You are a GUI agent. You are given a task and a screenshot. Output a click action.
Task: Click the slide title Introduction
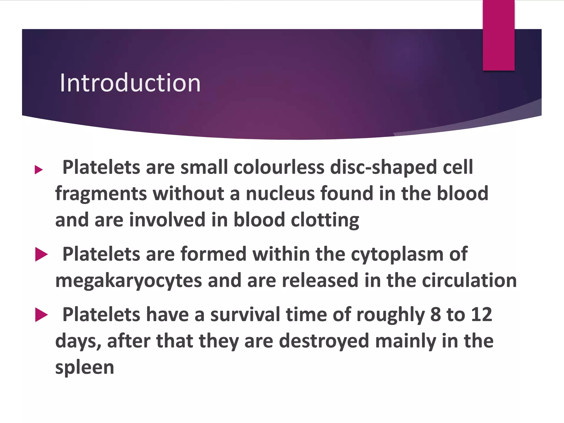point(130,83)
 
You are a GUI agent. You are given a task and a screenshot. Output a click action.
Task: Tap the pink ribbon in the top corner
point(498,35)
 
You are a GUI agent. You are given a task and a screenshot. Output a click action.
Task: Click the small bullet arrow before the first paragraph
point(39,170)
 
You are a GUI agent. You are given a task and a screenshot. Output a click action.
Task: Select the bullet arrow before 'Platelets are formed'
point(41,254)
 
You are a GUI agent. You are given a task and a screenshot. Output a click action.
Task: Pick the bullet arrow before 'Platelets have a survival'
point(41,315)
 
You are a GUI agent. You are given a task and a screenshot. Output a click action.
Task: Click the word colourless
point(279,167)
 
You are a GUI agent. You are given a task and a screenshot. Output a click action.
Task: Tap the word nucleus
point(280,193)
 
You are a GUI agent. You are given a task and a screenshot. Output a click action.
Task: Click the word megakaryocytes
point(129,281)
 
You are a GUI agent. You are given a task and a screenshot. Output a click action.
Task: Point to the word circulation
point(469,280)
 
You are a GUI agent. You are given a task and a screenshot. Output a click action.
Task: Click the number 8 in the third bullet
point(435,314)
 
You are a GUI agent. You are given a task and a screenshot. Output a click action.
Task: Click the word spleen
point(85,368)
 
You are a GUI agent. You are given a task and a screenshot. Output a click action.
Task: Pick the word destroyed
point(324,341)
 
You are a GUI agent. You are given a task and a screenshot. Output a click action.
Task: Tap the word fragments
point(101,194)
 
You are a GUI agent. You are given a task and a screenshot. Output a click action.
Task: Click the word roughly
point(391,315)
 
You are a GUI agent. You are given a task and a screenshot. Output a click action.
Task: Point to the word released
point(320,280)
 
